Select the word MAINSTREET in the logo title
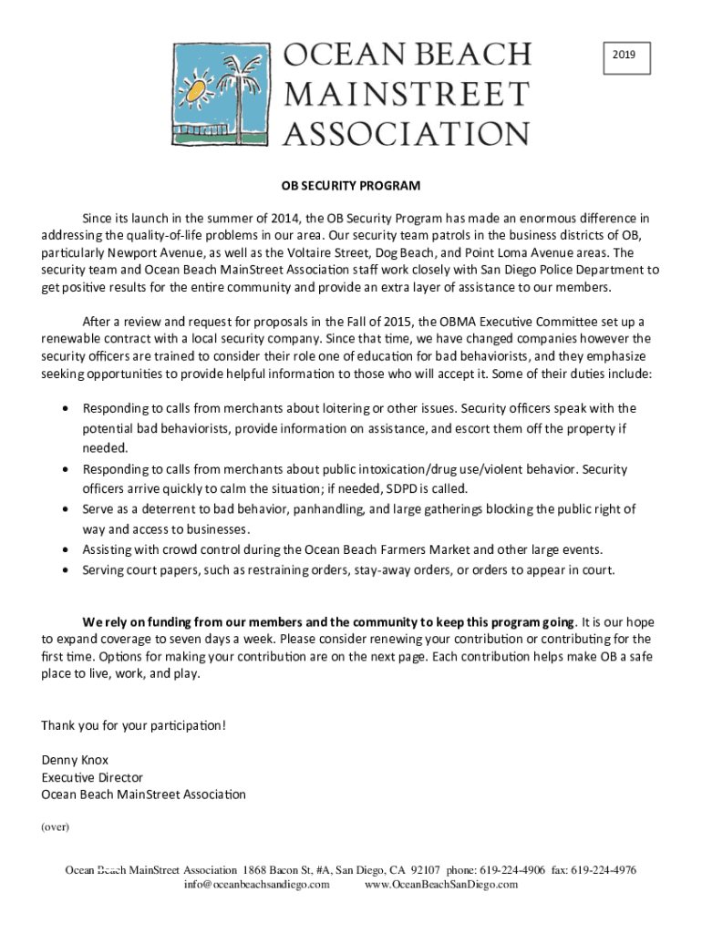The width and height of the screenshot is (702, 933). point(407,95)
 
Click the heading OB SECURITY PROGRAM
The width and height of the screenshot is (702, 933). point(350,186)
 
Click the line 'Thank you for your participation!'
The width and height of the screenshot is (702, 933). point(133,725)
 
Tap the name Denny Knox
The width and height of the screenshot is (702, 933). point(75,760)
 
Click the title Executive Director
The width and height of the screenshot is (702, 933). point(92,777)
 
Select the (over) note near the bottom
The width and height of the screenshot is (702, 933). point(56,827)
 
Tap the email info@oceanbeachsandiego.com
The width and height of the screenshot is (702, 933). point(256,884)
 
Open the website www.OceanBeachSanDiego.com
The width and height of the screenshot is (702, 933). point(440,884)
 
